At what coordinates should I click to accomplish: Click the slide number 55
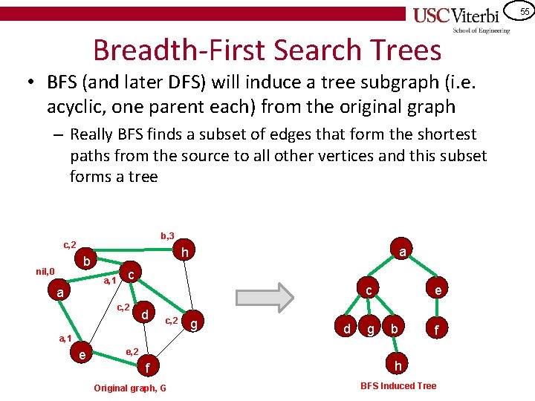(x=524, y=11)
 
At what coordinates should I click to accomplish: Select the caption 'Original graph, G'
(x=130, y=388)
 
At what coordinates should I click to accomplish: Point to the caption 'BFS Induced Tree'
(x=398, y=385)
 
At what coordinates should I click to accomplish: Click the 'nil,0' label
(x=46, y=272)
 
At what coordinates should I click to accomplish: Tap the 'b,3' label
(x=167, y=235)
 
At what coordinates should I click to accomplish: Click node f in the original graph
(x=147, y=367)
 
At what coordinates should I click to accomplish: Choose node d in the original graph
(x=146, y=315)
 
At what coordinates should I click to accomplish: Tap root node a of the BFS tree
(x=402, y=252)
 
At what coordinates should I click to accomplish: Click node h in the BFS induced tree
(x=398, y=366)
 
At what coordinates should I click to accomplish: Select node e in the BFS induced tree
(x=439, y=291)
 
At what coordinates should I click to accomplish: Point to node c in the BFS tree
(x=367, y=291)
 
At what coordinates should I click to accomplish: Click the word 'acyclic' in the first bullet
(x=77, y=107)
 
